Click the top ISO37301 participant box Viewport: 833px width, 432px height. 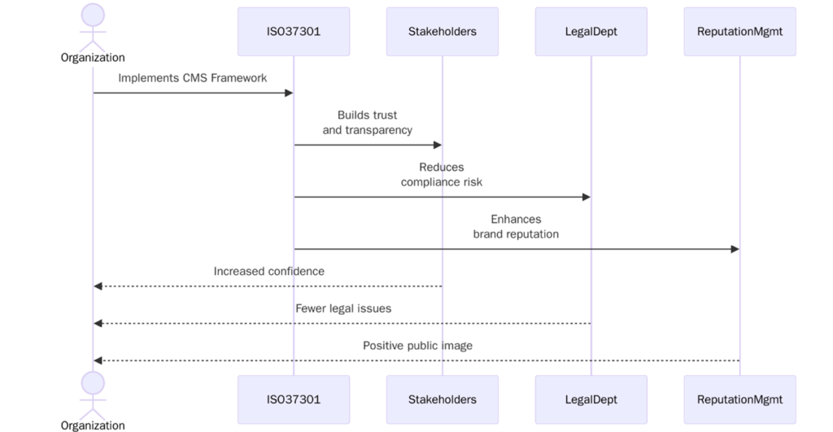pyautogui.click(x=294, y=32)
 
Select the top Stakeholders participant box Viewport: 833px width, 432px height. pyautogui.click(x=442, y=32)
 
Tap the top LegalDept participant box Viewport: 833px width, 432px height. pyautogui.click(x=591, y=32)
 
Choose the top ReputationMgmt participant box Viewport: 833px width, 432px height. pyautogui.click(x=739, y=32)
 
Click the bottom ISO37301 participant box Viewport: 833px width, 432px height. pyautogui.click(x=294, y=399)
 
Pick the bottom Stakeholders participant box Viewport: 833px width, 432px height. pyautogui.click(x=442, y=399)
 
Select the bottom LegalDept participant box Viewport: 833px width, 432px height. pyautogui.click(x=591, y=399)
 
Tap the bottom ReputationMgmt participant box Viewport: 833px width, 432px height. pyautogui.click(x=739, y=399)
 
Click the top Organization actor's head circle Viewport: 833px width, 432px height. pyautogui.click(x=93, y=15)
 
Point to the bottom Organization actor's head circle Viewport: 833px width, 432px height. pyautogui.click(x=93, y=383)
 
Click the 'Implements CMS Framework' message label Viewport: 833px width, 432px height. pyautogui.click(x=193, y=78)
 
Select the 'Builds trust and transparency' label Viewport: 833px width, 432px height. pyautogui.click(x=368, y=123)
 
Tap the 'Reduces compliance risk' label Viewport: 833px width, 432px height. pyautogui.click(x=442, y=175)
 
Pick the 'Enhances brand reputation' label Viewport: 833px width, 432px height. pyautogui.click(x=516, y=227)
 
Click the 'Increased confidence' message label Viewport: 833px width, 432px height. pyautogui.click(x=268, y=271)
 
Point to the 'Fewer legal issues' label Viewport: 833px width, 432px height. pyautogui.click(x=342, y=308)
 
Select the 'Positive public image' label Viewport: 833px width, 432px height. pyautogui.click(x=417, y=346)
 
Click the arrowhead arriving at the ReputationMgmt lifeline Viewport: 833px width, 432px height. pyautogui.click(x=735, y=249)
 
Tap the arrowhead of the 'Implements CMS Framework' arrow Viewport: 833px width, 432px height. pyautogui.click(x=288, y=93)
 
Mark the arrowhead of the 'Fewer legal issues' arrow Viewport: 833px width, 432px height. pyautogui.click(x=98, y=323)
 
